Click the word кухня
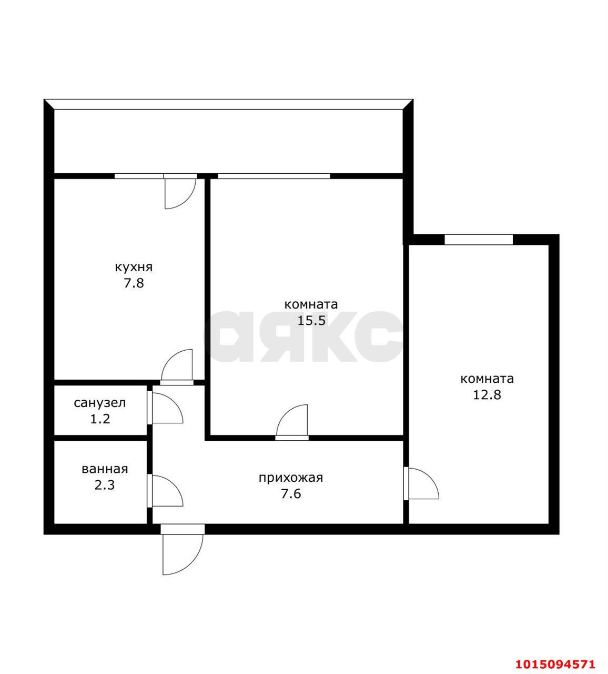point(134,268)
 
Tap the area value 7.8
point(134,284)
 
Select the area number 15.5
point(311,321)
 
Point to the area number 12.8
point(487,395)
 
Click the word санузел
point(100,403)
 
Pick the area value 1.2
point(100,419)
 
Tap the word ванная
point(105,469)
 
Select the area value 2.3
point(105,485)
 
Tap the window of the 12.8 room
point(479,240)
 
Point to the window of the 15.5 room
point(274,176)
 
